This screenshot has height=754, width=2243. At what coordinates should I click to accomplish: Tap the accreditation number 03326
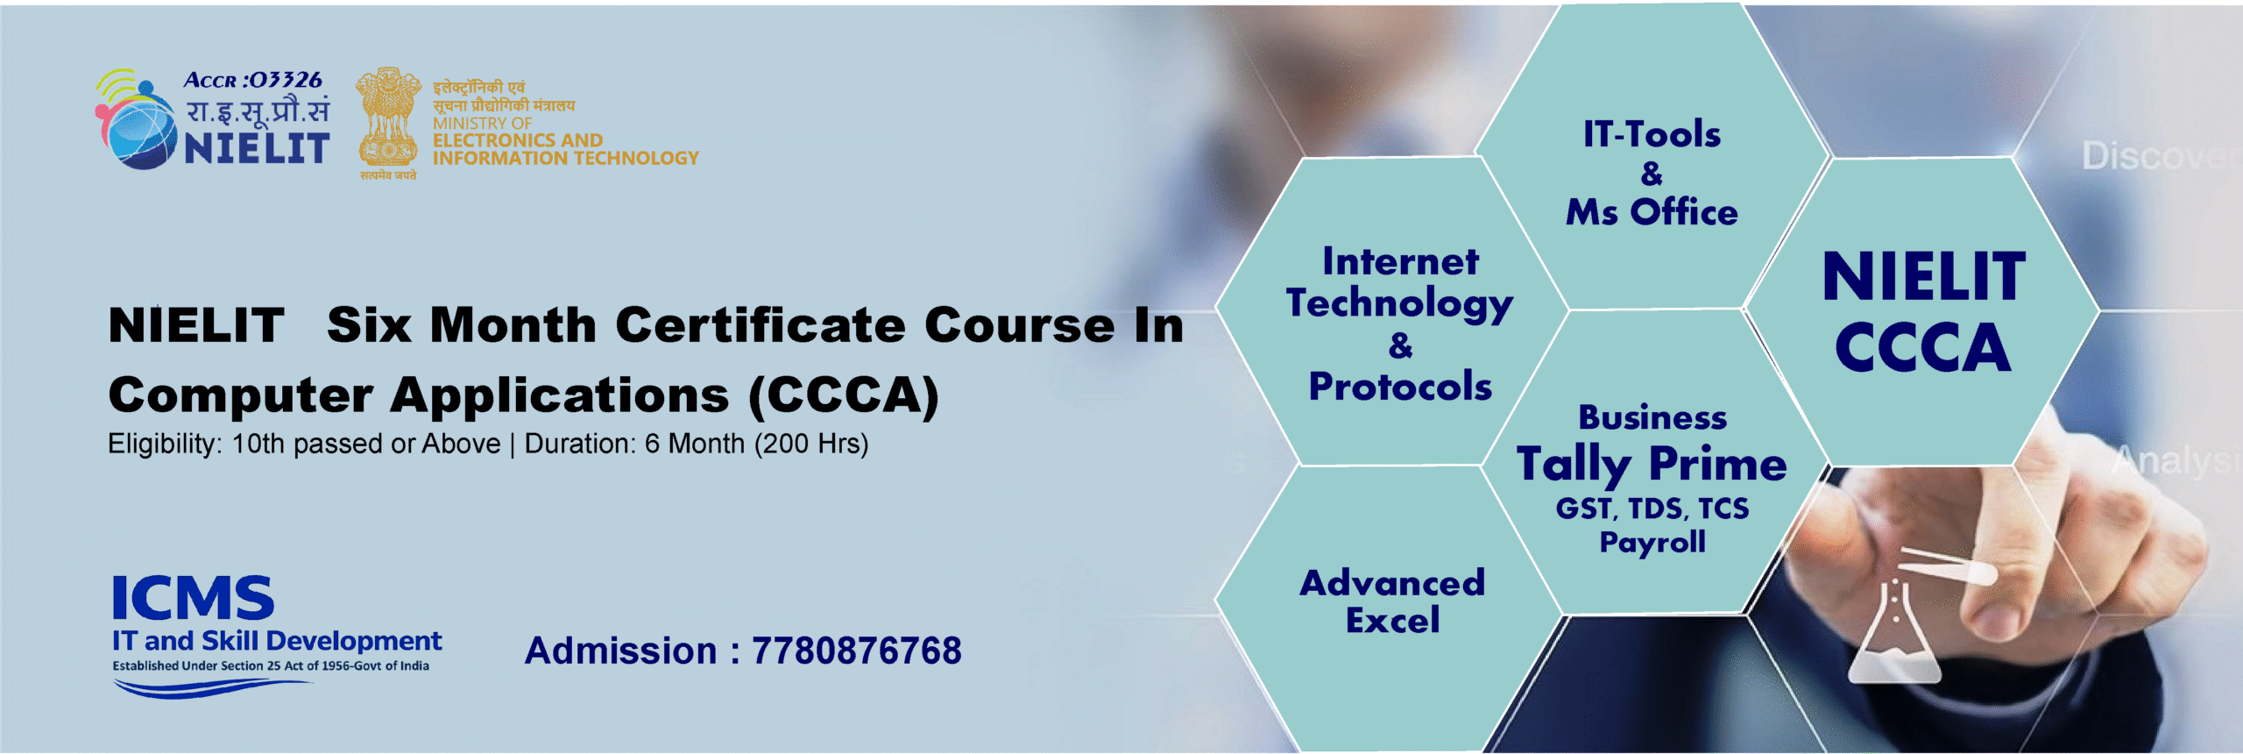point(284,81)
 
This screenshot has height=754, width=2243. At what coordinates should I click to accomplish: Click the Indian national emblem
point(387,118)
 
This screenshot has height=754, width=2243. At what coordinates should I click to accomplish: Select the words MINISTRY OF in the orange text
point(482,124)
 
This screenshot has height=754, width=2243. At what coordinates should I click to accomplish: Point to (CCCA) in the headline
point(844,395)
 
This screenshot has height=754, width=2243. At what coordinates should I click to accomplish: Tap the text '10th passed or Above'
point(365,445)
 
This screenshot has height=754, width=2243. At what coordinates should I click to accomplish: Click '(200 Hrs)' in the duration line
point(811,445)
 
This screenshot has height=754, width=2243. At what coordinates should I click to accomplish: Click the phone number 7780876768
point(856,651)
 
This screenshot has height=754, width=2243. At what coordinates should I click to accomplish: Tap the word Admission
point(621,651)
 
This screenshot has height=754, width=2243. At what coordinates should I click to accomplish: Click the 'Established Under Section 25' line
point(271,666)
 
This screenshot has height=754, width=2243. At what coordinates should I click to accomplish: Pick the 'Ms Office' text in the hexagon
point(1652,212)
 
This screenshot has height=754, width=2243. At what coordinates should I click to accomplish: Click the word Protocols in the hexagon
point(1400,387)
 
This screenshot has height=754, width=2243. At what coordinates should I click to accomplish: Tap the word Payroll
point(1652,543)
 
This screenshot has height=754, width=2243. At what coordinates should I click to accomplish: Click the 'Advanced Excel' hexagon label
point(1392,601)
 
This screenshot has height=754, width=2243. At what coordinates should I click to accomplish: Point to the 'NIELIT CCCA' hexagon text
point(1923,312)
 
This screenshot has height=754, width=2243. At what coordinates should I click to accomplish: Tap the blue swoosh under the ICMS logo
point(210,689)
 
